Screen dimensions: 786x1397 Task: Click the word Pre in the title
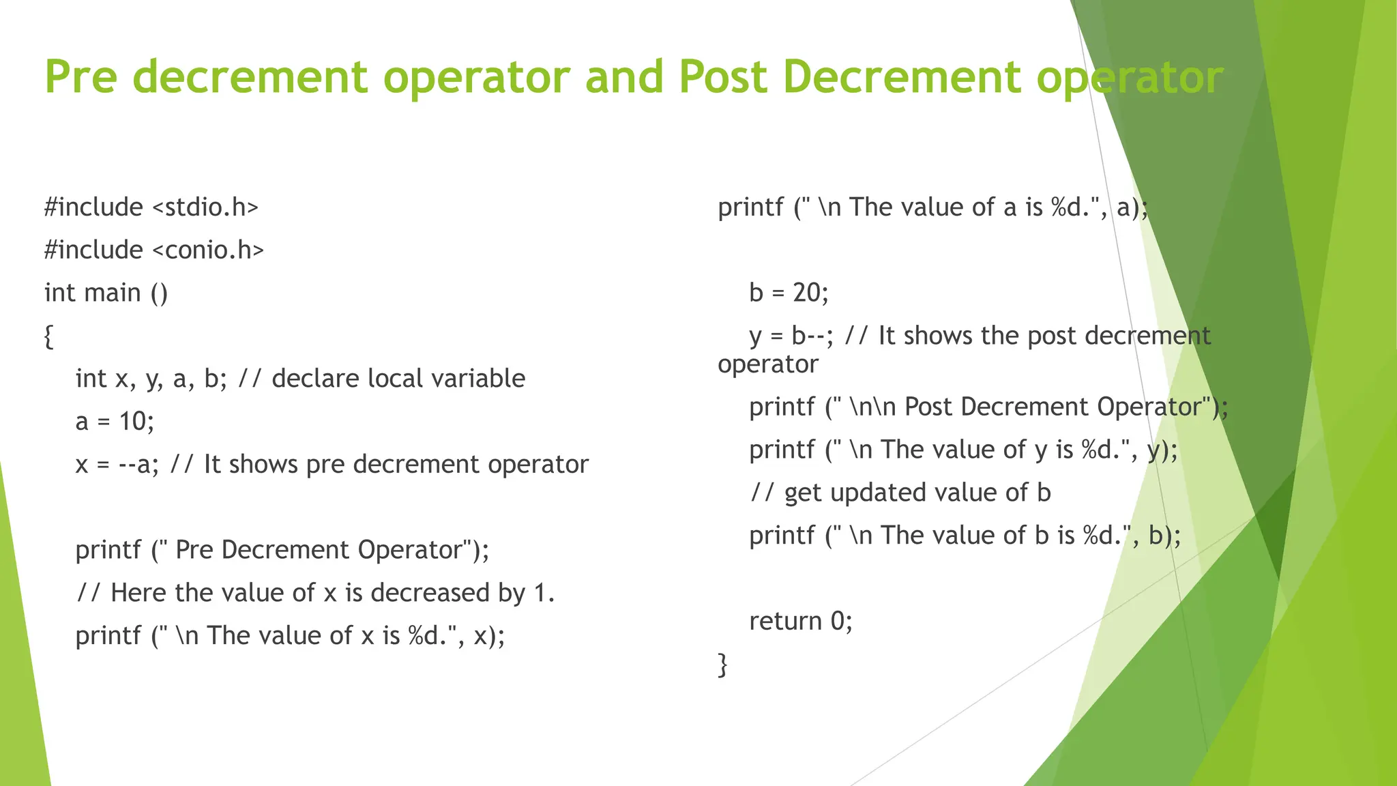pos(81,76)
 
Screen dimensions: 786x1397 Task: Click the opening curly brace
pos(48,336)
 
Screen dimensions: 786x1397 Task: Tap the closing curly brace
pos(722,664)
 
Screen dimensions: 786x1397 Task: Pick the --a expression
pos(134,465)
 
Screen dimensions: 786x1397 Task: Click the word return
pos(785,621)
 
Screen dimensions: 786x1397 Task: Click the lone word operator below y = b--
pos(767,364)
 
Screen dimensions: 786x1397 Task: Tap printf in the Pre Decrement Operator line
pos(108,550)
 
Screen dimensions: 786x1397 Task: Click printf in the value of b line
pos(782,536)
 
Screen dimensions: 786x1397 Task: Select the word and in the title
pos(623,76)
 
